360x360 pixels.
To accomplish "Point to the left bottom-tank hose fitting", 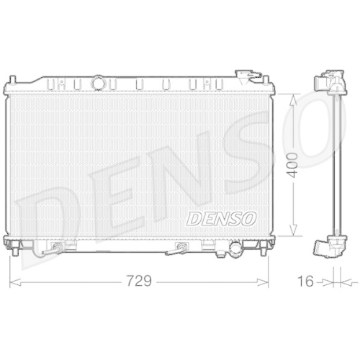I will point(53,249).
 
